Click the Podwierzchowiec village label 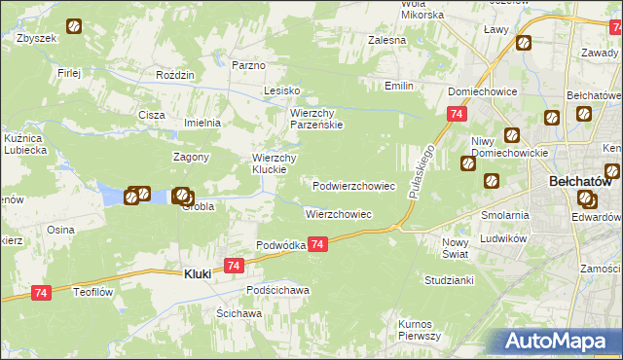[353, 185]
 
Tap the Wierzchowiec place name [338, 213]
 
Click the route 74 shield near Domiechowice [456, 115]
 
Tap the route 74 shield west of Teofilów [41, 292]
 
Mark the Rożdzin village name [176, 75]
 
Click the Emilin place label [398, 87]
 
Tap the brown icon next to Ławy [524, 43]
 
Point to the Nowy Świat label [456, 247]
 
